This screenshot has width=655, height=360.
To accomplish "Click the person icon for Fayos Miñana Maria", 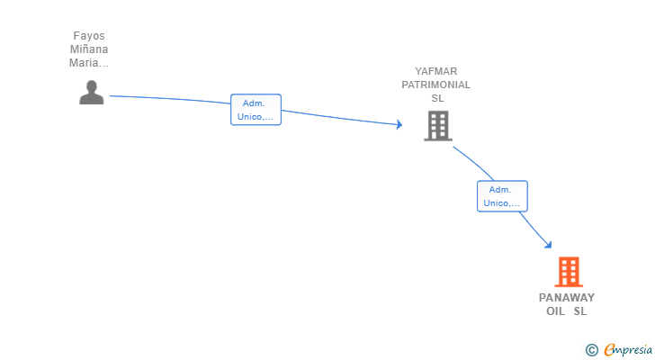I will tap(91, 93).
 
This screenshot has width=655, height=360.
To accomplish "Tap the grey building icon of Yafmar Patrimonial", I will tap(438, 126).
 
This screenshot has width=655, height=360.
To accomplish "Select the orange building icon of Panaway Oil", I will tap(568, 272).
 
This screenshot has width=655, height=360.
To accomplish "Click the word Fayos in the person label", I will tap(89, 37).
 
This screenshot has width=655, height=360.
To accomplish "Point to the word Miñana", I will tap(89, 50).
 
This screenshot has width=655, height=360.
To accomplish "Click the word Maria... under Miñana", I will tap(89, 63).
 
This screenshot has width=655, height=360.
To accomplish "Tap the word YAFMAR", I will tap(436, 71).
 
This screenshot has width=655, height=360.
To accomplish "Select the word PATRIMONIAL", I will tap(436, 85).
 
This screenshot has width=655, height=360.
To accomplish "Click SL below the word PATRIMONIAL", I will tap(437, 98).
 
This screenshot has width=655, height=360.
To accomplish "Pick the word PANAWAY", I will tap(567, 298).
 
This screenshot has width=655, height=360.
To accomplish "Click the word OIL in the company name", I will tap(556, 311).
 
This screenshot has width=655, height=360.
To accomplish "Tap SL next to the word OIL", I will tap(580, 311).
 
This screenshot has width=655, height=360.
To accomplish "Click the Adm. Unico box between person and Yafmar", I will tap(256, 110).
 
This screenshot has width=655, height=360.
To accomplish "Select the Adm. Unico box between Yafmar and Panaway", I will tap(501, 196).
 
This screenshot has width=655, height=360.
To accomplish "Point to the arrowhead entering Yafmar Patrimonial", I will tap(399, 125).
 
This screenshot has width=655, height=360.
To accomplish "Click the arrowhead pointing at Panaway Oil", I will tap(547, 244).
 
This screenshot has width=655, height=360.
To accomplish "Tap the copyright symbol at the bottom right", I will tap(591, 350).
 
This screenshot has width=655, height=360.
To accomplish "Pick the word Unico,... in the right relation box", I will tap(502, 203).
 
